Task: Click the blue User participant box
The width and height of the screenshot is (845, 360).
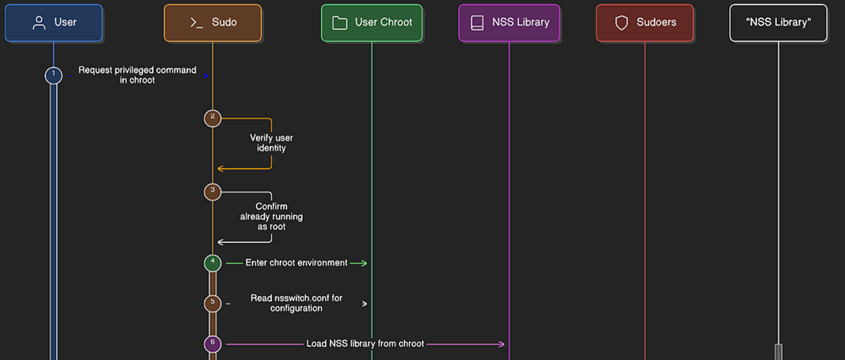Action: [53, 23]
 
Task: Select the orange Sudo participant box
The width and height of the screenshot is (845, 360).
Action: [213, 23]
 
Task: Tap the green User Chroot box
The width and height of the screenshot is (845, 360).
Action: [372, 23]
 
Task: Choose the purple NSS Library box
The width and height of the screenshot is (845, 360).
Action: [509, 23]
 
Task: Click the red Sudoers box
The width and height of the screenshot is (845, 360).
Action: [645, 23]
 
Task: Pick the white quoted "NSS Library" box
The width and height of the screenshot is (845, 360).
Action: [778, 23]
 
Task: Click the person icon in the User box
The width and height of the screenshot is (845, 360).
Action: [39, 23]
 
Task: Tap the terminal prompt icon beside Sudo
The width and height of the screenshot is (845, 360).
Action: [196, 23]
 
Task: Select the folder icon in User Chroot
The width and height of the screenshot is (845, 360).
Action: [340, 23]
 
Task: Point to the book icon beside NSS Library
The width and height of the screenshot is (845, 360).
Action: [477, 23]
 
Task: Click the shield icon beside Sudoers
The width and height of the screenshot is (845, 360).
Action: [622, 23]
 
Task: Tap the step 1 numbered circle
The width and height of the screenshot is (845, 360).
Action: [53, 75]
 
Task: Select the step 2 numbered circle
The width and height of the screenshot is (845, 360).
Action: [213, 118]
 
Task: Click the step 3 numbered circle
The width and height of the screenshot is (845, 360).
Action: [213, 192]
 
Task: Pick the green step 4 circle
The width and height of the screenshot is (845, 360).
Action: [213, 263]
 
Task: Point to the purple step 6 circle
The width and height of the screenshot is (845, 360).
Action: [213, 344]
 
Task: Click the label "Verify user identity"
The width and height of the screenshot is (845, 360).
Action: [271, 143]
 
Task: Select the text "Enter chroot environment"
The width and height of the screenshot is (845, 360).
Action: [296, 263]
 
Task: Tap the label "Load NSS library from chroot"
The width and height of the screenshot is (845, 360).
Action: [365, 344]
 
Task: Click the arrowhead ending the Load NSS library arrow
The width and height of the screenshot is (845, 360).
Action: [502, 344]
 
